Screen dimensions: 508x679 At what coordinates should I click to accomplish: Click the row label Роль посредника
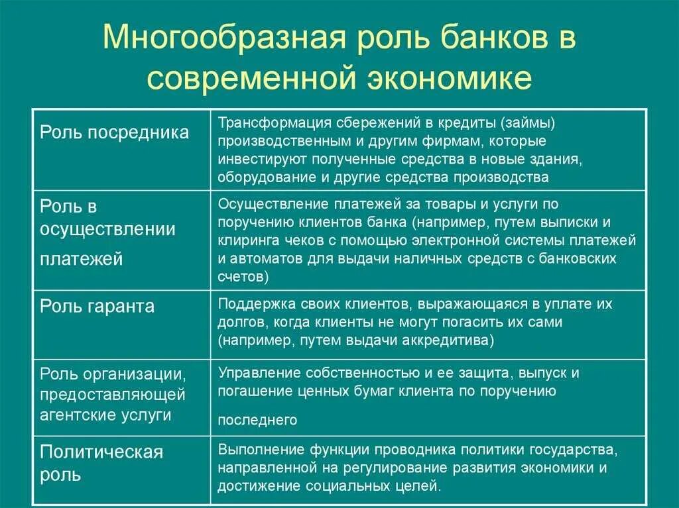pos(114,132)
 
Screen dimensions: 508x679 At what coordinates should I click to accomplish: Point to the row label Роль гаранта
pos(97,306)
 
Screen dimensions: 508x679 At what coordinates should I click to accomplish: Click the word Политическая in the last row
pos(101,452)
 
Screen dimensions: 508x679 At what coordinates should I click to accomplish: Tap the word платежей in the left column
pos(82,259)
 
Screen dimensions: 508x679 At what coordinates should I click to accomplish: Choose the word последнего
pos(257,420)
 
